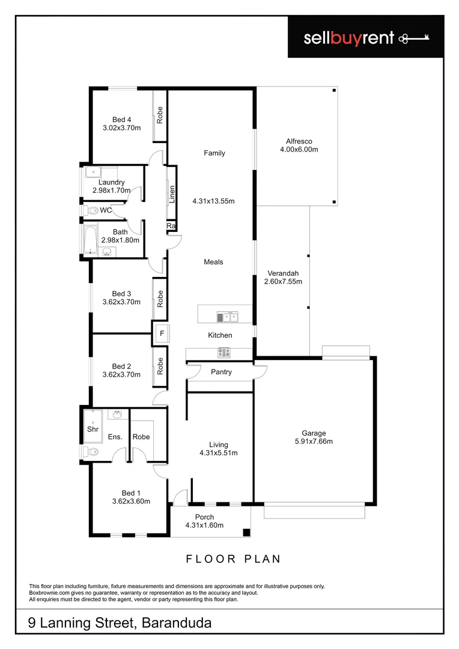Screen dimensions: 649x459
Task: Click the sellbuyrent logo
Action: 366,38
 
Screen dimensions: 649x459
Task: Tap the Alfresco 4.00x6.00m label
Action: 299,145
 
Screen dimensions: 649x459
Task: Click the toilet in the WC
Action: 92,211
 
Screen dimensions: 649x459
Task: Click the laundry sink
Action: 91,173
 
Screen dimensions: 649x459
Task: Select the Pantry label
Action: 221,373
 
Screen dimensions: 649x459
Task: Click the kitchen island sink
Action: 228,316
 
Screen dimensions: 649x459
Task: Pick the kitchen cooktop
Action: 224,353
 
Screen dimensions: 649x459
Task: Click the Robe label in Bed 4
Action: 160,115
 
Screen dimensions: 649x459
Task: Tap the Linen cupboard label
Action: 172,193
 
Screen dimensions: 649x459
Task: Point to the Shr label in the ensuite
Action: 93,430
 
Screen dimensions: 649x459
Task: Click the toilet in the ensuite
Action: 92,452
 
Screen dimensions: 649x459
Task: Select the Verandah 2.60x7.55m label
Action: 283,277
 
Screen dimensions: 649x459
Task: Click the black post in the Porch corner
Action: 246,532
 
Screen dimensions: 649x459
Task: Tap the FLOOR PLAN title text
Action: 233,559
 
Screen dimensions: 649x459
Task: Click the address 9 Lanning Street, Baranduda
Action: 120,623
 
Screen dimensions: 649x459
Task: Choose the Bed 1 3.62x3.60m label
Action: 131,496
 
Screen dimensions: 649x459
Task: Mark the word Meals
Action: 213,262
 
